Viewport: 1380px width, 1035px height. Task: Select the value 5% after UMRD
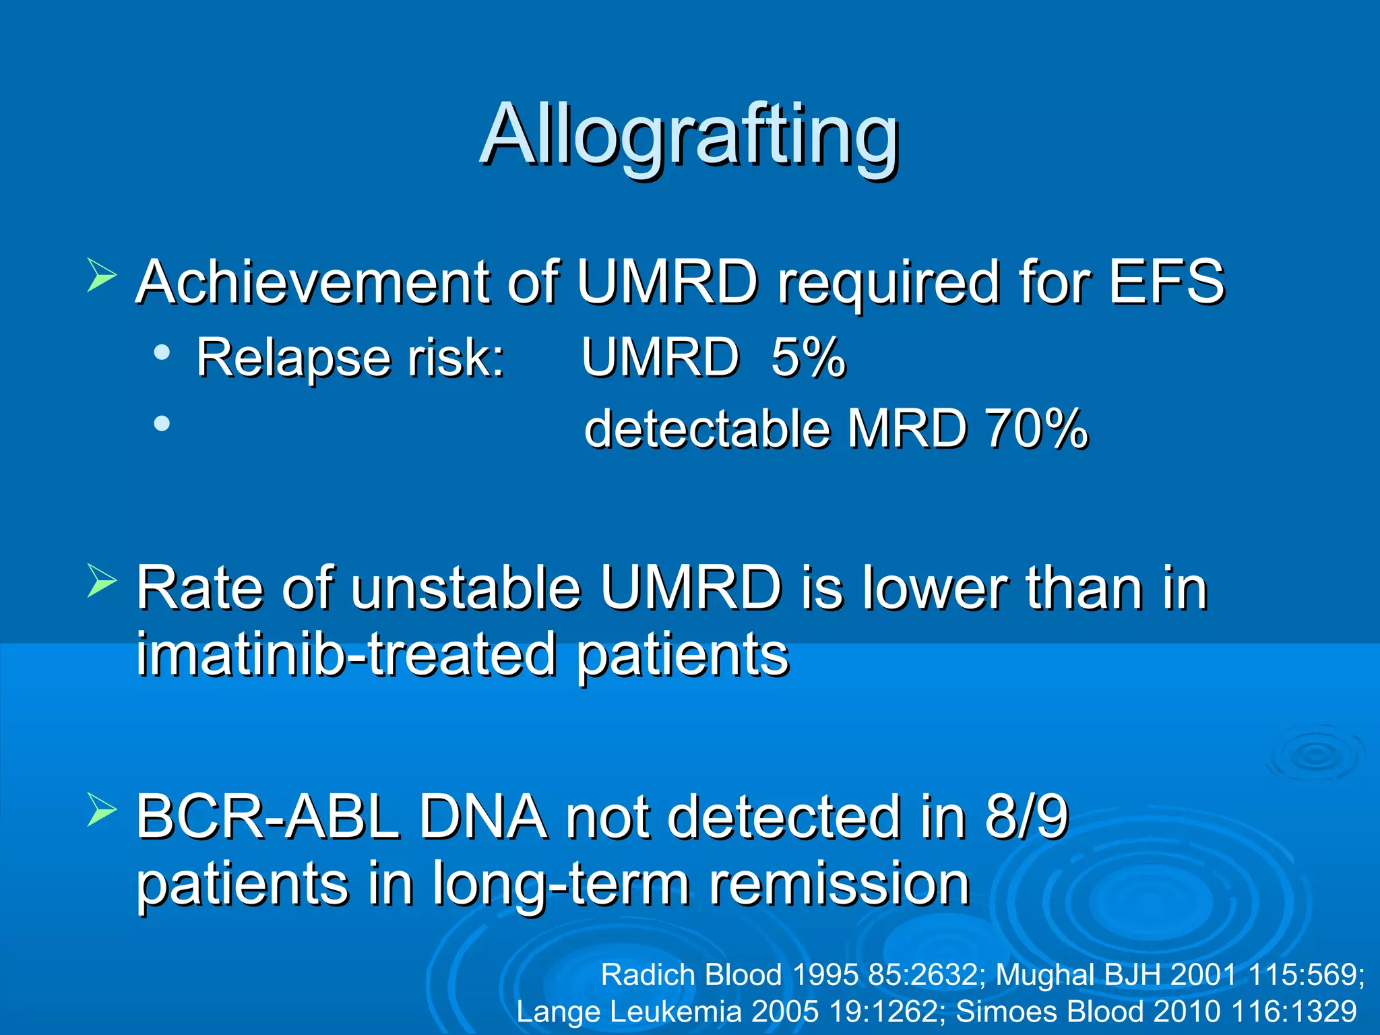[807, 357]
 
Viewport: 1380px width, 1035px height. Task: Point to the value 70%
[1036, 429]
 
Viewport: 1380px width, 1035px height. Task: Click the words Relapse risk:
[350, 357]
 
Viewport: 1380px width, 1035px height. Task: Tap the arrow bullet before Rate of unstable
[102, 581]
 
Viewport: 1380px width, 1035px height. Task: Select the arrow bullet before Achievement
[102, 276]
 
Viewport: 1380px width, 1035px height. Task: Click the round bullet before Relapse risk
[161, 352]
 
